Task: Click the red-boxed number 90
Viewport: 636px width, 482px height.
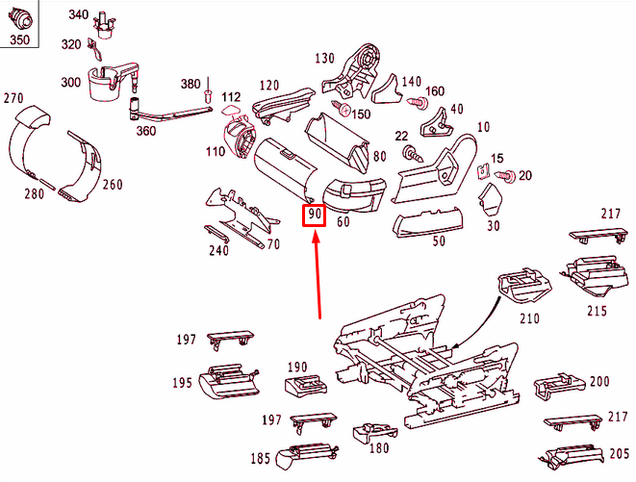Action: (x=315, y=215)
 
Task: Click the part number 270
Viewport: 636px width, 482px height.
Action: (x=13, y=98)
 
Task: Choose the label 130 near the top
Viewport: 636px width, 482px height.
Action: (x=325, y=59)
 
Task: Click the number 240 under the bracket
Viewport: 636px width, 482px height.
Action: (x=219, y=252)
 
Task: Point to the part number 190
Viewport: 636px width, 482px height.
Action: (x=296, y=367)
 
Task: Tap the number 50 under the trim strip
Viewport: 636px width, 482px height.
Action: (x=439, y=241)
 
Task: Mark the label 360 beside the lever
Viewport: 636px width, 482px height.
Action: (x=145, y=131)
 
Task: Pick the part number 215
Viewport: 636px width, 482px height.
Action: (x=597, y=311)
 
